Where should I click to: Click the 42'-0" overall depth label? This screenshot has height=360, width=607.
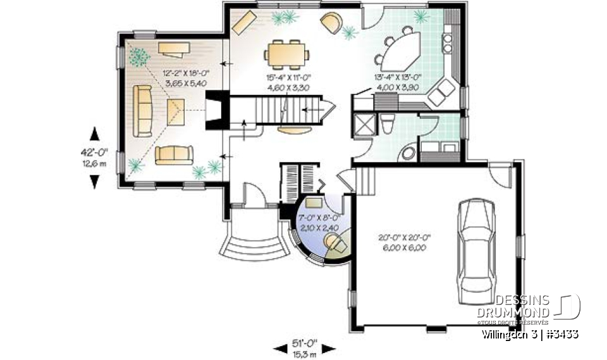tap(95, 156)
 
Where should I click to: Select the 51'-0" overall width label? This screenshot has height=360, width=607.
tap(305, 347)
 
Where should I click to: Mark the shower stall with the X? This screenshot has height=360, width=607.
tap(364, 123)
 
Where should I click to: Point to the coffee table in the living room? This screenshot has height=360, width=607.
tap(175, 112)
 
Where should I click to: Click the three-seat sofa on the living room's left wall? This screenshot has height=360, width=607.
tap(142, 111)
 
